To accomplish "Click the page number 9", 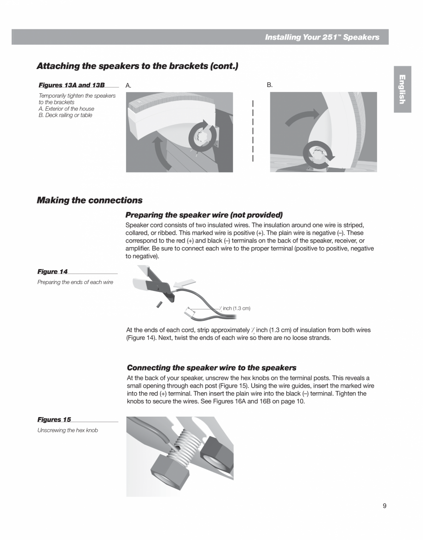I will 384,506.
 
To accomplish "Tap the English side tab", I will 402,89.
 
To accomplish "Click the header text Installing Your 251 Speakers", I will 322,37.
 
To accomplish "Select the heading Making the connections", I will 89,200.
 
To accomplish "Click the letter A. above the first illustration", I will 129,86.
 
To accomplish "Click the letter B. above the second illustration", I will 270,85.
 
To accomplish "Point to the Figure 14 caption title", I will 52,272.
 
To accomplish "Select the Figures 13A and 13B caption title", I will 72,85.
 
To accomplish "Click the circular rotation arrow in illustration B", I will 318,155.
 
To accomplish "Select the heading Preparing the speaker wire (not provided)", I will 204,215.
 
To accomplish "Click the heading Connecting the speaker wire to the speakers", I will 211,367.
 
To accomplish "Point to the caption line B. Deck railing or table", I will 65,115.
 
